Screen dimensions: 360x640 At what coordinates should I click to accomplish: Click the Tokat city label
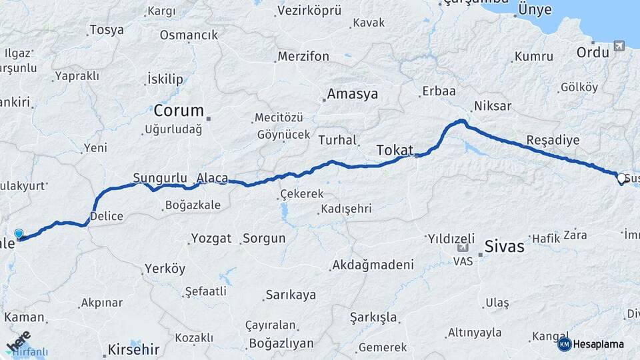tap(395, 150)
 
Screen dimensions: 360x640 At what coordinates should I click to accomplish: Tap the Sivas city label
tap(505, 246)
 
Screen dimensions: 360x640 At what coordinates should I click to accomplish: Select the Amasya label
tap(353, 94)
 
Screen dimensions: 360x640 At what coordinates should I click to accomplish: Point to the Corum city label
tap(178, 110)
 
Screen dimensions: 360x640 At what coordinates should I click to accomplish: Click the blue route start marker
tap(19, 234)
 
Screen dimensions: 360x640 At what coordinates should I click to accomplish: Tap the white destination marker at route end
tap(621, 179)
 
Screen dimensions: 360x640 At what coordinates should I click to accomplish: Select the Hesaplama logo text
tap(599, 344)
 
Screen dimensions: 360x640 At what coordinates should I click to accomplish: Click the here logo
tap(18, 341)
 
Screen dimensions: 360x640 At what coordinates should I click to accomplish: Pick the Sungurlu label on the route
tap(159, 178)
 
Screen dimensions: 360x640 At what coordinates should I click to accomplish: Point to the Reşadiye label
tap(553, 141)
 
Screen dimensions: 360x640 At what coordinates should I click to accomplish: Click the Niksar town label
tap(492, 106)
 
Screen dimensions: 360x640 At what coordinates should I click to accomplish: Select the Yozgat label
tap(211, 238)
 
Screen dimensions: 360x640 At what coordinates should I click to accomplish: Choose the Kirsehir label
tap(134, 349)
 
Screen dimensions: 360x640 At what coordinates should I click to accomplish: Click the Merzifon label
tap(303, 57)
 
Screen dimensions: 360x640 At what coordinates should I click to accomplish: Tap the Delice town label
tap(107, 216)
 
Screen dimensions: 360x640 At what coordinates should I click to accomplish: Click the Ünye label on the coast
tap(535, 10)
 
